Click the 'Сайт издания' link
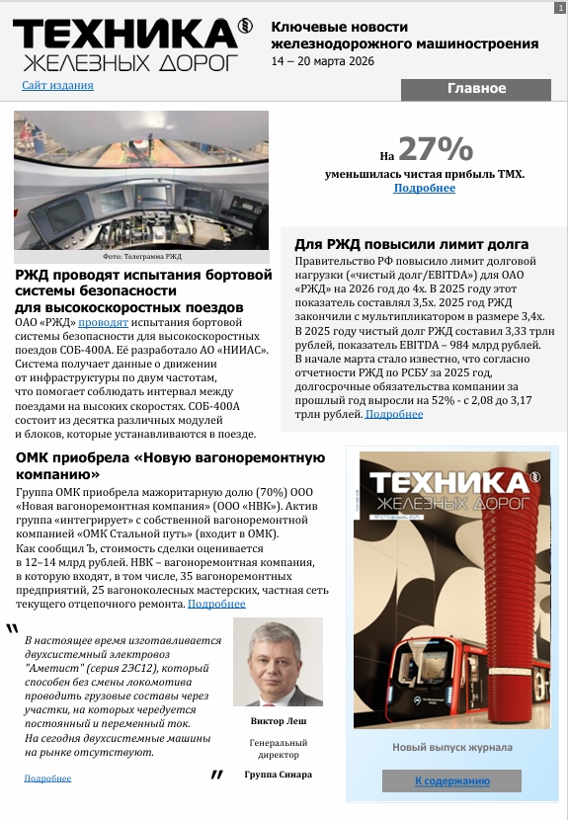57,86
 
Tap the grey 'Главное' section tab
475,89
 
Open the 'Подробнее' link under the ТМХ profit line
425,188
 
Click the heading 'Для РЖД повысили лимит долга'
412,244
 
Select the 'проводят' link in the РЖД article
104,323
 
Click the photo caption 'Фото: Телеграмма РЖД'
141,256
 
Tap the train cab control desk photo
141,180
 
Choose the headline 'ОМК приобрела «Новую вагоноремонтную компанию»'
170,465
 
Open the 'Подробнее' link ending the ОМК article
216,604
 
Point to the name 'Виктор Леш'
278,721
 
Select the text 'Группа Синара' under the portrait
278,775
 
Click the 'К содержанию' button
451,780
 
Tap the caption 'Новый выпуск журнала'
451,748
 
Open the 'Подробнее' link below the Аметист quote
47,779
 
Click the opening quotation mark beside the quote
12,629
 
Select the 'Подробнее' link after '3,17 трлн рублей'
394,414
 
